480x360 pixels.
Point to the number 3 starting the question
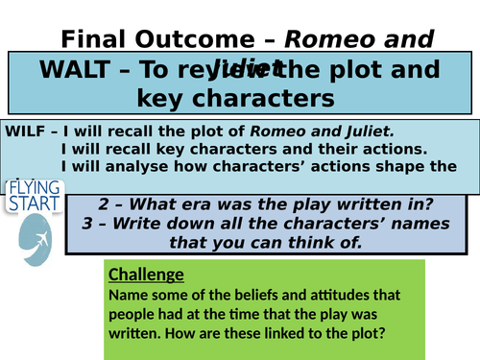click(105, 223)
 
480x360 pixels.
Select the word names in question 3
click(405, 223)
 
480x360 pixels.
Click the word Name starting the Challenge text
click(129, 295)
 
